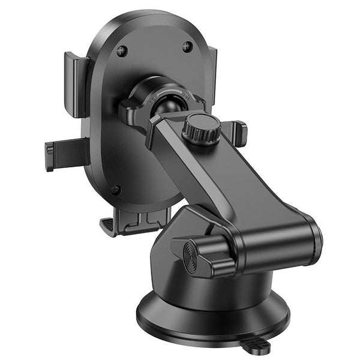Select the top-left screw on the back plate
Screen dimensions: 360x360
122,50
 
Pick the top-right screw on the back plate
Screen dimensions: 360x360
187,46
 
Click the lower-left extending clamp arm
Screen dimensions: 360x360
65,154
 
